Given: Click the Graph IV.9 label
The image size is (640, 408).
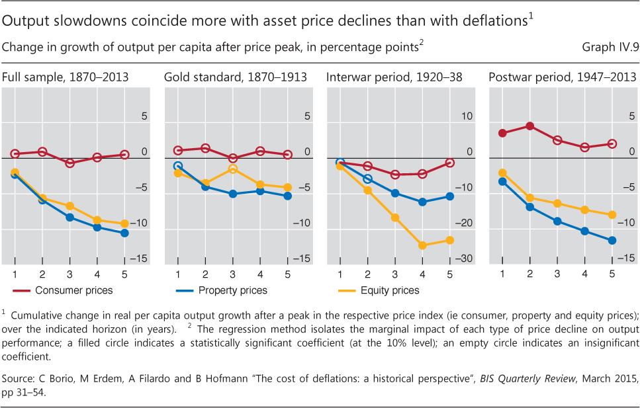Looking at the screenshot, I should click(607, 48).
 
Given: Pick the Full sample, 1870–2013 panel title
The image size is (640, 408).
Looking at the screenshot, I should click(65, 77).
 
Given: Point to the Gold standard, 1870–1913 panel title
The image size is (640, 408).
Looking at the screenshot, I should click(235, 77).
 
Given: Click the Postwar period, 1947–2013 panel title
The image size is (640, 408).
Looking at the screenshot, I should click(561, 77).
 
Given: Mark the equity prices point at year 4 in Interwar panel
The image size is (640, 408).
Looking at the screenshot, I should click(422, 245).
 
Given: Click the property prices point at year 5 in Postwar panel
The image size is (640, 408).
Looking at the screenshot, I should click(612, 240).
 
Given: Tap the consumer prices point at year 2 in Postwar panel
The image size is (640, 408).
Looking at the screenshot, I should click(530, 126).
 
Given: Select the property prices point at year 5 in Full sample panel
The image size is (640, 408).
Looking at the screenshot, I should click(125, 233).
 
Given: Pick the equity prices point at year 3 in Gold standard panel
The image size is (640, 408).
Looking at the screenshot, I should click(232, 169).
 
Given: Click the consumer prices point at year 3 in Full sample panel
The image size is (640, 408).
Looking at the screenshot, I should click(70, 163).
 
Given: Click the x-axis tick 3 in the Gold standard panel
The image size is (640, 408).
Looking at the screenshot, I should click(232, 274).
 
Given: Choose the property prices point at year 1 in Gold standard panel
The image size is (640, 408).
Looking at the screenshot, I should click(177, 166).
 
